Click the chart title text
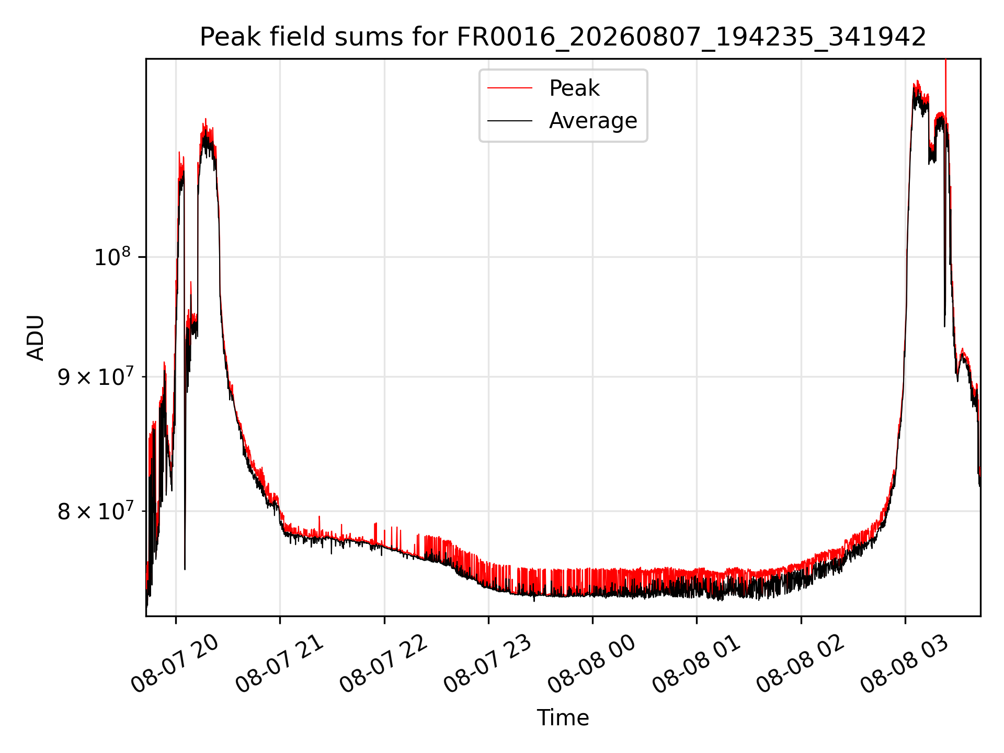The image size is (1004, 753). click(x=563, y=37)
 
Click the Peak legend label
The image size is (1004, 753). click(x=574, y=88)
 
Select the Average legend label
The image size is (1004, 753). click(x=593, y=121)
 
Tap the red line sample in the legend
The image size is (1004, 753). click(x=510, y=88)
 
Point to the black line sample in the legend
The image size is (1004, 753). click(x=510, y=121)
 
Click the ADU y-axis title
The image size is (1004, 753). click(x=36, y=338)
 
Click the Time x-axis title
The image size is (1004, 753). click(x=563, y=718)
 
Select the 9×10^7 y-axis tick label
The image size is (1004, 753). click(x=96, y=376)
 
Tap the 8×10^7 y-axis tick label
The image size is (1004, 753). click(x=96, y=511)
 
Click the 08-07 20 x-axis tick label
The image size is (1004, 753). click(x=175, y=664)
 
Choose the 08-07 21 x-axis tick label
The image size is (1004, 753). click(x=279, y=664)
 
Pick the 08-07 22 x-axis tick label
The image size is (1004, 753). click(x=383, y=664)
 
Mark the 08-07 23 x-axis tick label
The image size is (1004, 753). click(x=487, y=664)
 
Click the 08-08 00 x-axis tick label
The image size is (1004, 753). click(x=591, y=664)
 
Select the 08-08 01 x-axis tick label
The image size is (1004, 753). click(x=695, y=664)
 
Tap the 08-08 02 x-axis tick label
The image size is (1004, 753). click(x=800, y=664)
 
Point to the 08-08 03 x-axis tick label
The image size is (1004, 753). click(x=904, y=664)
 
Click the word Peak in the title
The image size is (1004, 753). click(x=225, y=37)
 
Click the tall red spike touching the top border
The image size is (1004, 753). click(x=945, y=89)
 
